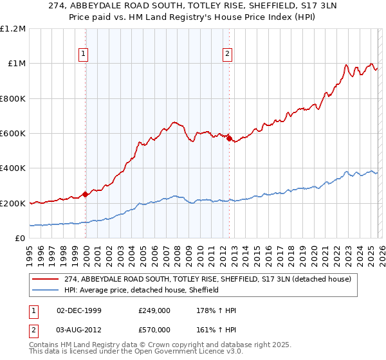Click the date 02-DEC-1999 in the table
(79, 310)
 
